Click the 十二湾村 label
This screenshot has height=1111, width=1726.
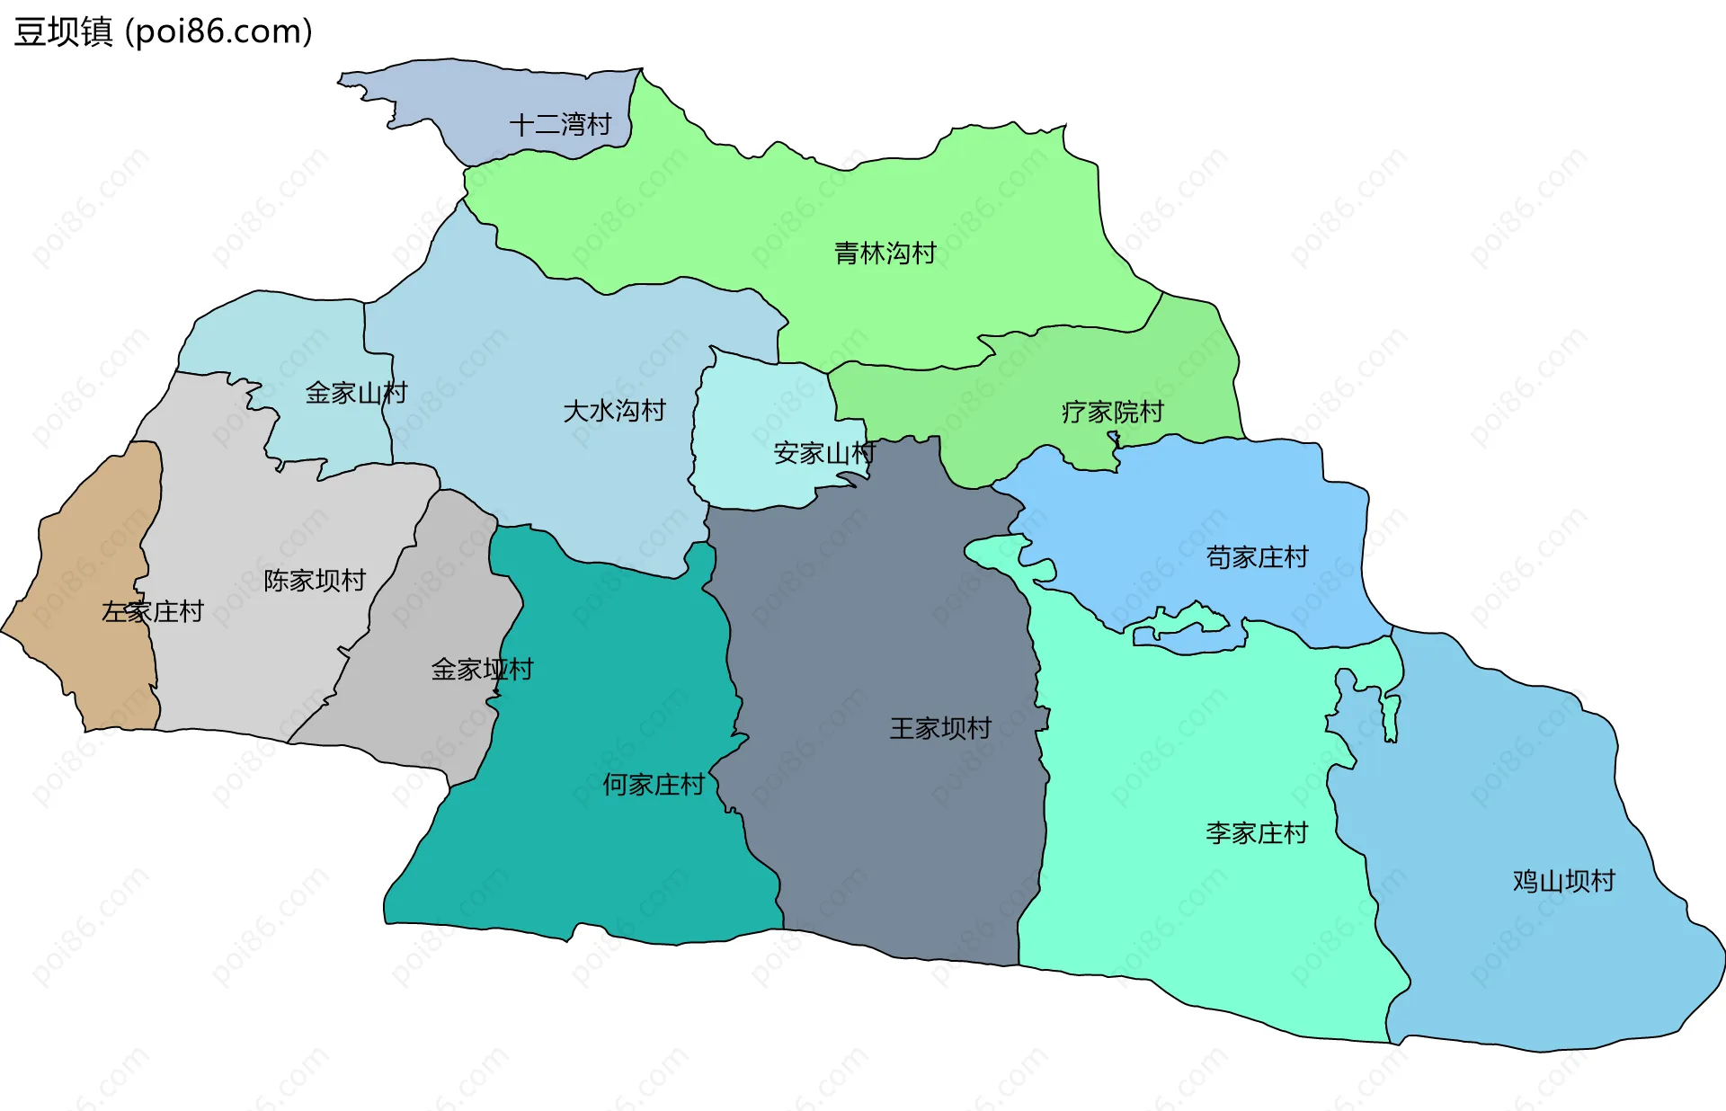pos(560,124)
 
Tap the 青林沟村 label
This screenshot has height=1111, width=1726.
pos(885,253)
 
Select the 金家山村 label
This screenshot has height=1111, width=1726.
pos(356,393)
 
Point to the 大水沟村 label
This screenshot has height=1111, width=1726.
pos(614,411)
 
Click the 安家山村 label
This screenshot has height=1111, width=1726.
pos(823,453)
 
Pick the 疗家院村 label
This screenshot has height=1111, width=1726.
pos(1112,412)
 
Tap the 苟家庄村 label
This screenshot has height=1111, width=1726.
pos(1256,557)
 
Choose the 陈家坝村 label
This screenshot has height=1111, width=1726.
pos(315,581)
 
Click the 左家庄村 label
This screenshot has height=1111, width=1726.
pos(153,612)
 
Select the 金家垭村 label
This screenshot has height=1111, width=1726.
pos(482,670)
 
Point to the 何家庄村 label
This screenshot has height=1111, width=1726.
pos(654,785)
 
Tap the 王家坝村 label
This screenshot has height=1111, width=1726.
pos(940,728)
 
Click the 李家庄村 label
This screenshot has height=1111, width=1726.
pos(1256,833)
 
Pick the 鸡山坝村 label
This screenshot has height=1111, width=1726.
pos(1563,881)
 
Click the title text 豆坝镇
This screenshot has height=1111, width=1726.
pos(63,31)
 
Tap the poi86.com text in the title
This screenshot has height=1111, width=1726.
pos(218,31)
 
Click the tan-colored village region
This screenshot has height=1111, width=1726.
pos(90,557)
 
